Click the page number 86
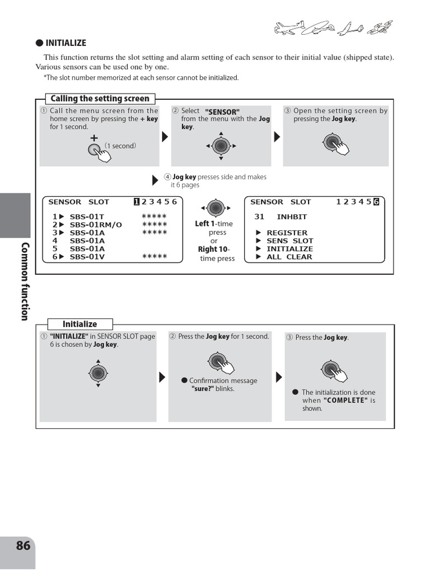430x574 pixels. point(23,545)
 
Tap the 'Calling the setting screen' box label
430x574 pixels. point(100,99)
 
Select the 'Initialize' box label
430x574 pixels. point(80,324)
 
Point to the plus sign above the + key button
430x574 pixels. point(94,137)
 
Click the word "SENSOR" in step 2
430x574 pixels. point(222,112)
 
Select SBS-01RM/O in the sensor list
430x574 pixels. point(96,225)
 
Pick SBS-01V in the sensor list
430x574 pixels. point(87,257)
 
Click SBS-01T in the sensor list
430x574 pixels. point(87,216)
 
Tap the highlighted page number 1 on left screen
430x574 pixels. point(136,202)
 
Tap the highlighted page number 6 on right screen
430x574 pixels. point(376,202)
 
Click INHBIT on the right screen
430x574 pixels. point(292,217)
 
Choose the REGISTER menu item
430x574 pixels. point(287,233)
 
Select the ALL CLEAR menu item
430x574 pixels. point(289,257)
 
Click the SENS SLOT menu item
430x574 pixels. point(289,240)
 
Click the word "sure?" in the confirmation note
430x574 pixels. point(203,388)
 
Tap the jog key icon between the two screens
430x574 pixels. point(216,208)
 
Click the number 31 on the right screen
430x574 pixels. point(259,217)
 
